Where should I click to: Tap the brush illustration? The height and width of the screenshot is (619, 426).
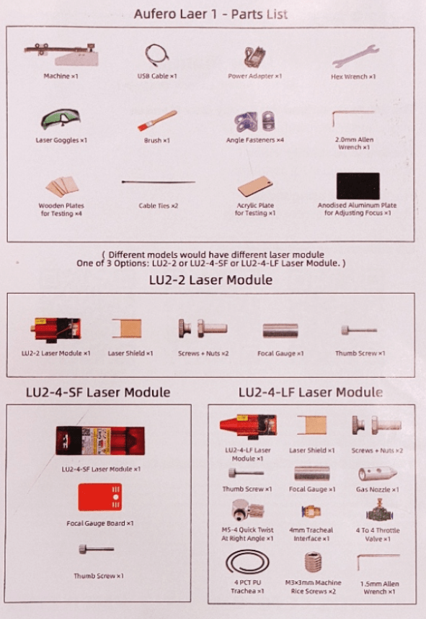point(157,120)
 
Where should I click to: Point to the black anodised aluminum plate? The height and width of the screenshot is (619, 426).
point(358,186)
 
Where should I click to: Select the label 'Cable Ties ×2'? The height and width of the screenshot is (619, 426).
point(158,206)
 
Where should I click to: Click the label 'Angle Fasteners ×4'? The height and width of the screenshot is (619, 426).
point(254,140)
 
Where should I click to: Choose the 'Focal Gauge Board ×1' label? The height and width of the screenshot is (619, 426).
point(100,523)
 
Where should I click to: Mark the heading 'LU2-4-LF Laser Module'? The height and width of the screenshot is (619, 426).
point(311,392)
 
